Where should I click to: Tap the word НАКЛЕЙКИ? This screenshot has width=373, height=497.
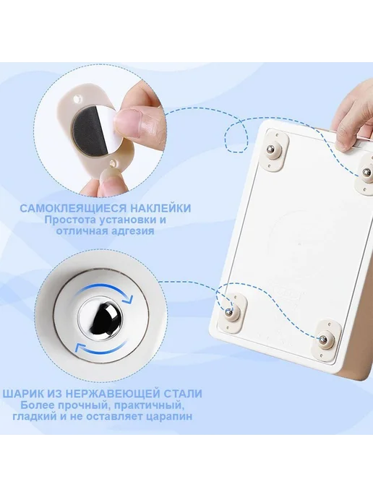pyautogui.click(x=160, y=208)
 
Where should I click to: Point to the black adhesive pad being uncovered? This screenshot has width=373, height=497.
pyautogui.click(x=84, y=129)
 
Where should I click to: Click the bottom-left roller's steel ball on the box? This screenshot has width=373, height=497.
pyautogui.click(x=228, y=312)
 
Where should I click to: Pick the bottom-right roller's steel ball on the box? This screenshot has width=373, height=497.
pyautogui.click(x=323, y=339)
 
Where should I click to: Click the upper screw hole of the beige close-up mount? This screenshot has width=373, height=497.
pyautogui.click(x=77, y=100)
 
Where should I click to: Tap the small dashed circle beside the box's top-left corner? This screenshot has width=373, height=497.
pyautogui.click(x=236, y=137)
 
